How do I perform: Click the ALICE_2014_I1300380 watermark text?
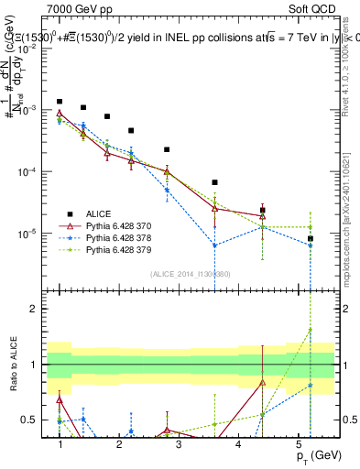tap(183, 273)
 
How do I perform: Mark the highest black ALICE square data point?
tap(60, 102)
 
